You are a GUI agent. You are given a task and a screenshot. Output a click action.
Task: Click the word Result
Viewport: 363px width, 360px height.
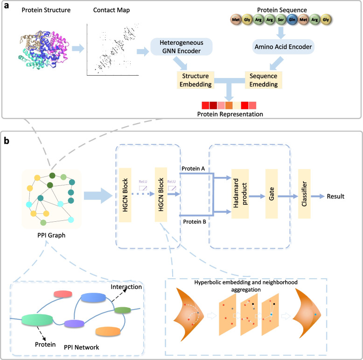[335, 196]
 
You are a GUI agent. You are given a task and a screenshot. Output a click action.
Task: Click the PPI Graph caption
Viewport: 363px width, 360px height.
[51, 235]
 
